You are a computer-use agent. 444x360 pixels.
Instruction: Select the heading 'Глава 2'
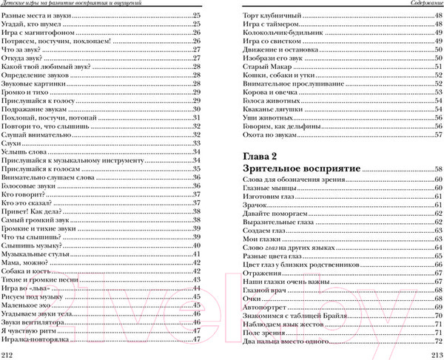click(262, 157)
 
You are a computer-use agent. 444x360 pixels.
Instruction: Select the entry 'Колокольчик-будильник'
click(280, 32)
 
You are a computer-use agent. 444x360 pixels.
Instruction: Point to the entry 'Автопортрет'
click(263, 307)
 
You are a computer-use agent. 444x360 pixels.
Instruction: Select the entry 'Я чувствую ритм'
click(27, 330)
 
